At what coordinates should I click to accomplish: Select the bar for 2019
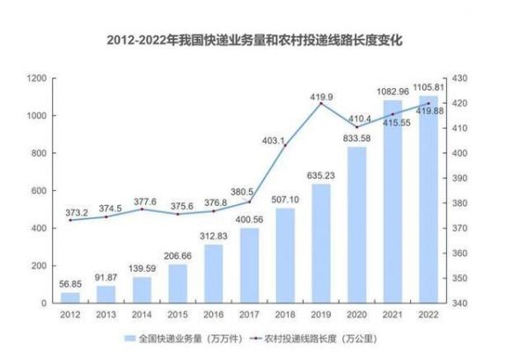(x=321, y=243)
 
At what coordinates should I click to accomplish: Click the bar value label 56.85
(x=70, y=284)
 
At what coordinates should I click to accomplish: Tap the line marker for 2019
(x=321, y=104)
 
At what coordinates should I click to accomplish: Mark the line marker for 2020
(x=356, y=128)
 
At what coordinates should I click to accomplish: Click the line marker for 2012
(x=70, y=220)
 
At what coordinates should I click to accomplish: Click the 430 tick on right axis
(x=461, y=78)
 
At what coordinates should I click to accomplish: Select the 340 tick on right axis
(x=461, y=303)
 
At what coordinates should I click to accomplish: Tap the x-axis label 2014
(x=142, y=315)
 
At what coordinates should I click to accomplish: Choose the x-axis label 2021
(x=392, y=315)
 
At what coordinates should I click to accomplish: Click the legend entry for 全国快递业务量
(x=180, y=337)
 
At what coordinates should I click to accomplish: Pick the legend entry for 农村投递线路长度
(x=308, y=337)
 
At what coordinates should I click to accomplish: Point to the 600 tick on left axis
(x=38, y=191)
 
